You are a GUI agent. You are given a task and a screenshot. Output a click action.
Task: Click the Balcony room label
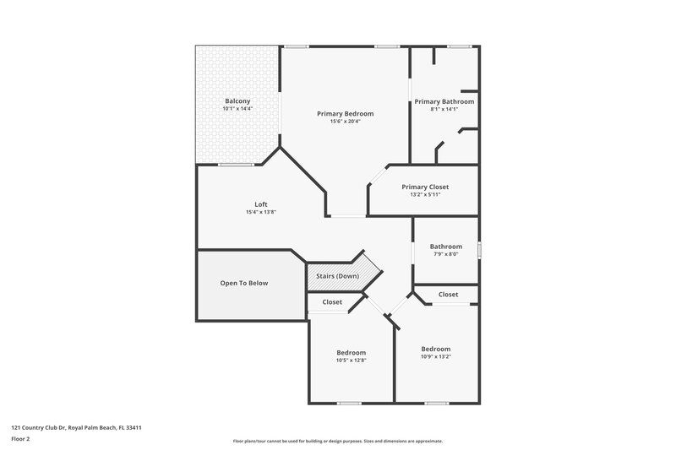[237, 100]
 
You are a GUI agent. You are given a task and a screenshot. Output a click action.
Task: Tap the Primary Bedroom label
[345, 113]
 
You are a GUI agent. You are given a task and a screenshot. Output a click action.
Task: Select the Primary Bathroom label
[444, 101]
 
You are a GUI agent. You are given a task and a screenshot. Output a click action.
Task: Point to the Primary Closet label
[425, 187]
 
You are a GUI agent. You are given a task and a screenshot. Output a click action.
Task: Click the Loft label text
[261, 203]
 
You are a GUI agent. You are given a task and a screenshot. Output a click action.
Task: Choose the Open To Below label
[244, 283]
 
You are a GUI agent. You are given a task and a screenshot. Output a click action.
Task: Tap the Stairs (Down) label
[337, 276]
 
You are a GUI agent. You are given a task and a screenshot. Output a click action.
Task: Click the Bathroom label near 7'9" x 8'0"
[445, 247]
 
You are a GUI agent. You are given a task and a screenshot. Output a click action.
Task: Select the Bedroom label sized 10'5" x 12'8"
[351, 352]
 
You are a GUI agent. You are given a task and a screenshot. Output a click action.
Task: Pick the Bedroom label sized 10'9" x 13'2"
[436, 349]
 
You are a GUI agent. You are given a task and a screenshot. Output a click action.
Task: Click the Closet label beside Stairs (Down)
[332, 301]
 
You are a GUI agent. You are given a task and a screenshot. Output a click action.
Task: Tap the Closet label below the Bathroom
[448, 295]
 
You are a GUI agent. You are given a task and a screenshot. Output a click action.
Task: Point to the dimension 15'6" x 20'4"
[345, 122]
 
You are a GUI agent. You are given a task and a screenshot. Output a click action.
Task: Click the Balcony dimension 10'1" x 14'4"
[237, 109]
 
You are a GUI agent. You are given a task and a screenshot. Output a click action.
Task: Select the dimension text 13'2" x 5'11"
[425, 195]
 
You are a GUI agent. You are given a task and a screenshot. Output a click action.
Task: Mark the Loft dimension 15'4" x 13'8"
[261, 212]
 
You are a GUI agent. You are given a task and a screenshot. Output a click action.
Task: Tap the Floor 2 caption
[19, 439]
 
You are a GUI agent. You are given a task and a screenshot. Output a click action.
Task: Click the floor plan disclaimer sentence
[337, 441]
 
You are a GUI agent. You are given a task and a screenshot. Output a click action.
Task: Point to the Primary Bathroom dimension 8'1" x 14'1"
[444, 109]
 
